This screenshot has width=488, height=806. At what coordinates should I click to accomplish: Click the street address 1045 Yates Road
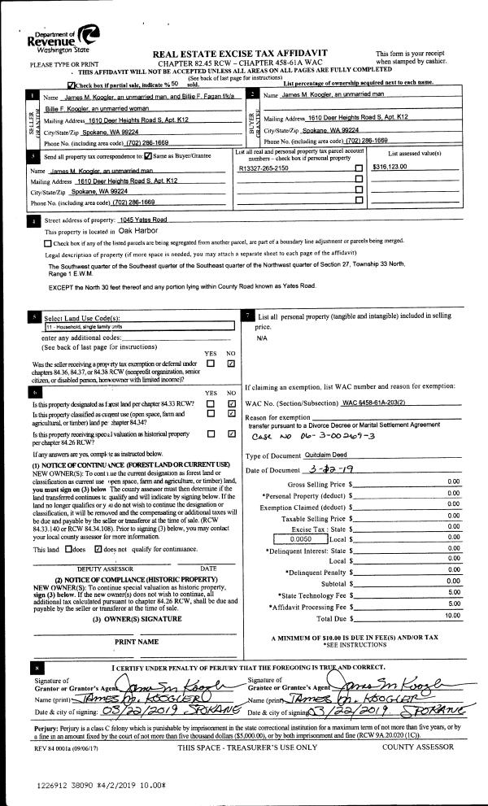(142, 220)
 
